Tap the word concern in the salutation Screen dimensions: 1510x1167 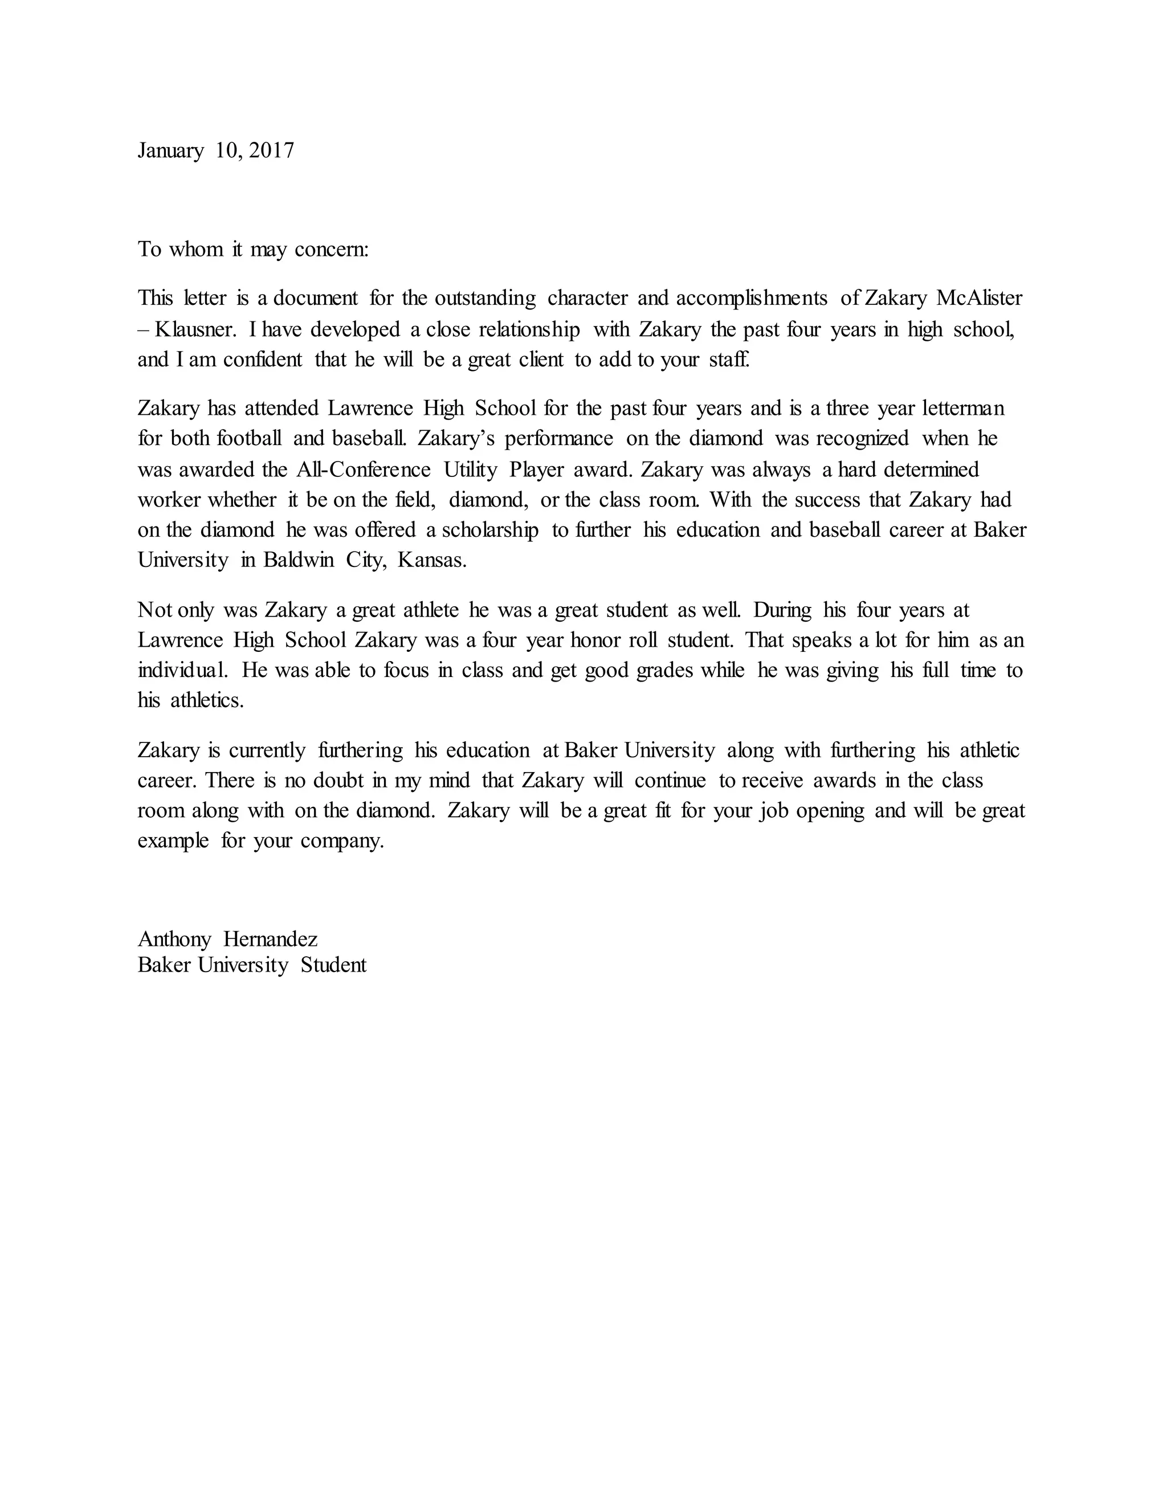[x=332, y=250]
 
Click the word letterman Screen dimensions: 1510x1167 [x=963, y=409]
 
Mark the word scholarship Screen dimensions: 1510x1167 [x=490, y=530]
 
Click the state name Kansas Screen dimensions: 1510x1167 [x=432, y=560]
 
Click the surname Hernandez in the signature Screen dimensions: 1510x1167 [x=270, y=940]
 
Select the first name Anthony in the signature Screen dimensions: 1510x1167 [x=174, y=940]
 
